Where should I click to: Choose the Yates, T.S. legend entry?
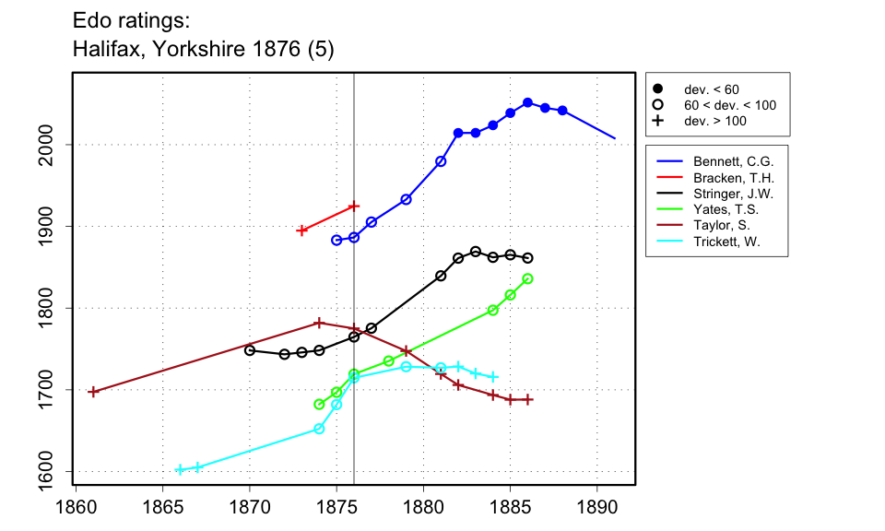(x=721, y=210)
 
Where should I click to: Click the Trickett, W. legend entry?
(x=722, y=242)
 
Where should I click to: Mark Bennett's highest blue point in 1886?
(x=527, y=102)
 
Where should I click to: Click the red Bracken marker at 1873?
(x=301, y=230)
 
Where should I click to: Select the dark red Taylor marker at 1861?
(x=92, y=392)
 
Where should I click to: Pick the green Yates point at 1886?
(x=527, y=278)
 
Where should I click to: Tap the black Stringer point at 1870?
(x=249, y=350)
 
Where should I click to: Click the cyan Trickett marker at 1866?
(x=180, y=469)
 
